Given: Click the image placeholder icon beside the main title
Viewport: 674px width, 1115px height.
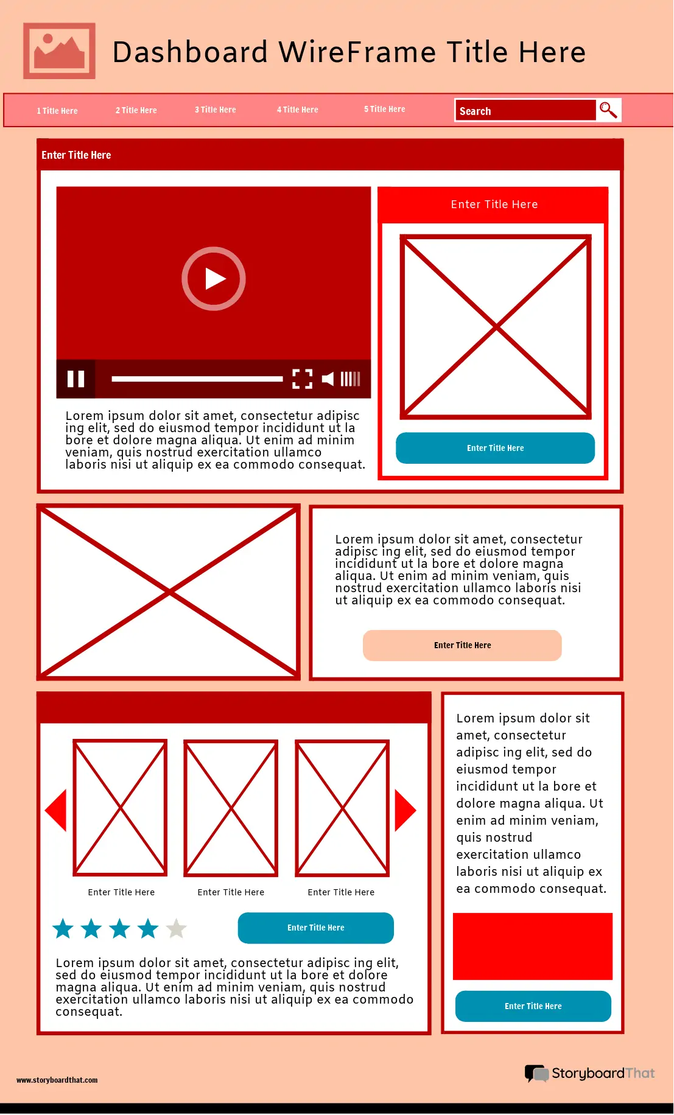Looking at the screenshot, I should point(59,51).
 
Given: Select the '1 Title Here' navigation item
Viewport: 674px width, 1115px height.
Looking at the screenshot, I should point(57,111).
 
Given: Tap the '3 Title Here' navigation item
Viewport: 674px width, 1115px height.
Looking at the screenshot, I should point(216,110).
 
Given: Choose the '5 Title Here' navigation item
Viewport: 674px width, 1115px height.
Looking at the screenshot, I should point(385,110).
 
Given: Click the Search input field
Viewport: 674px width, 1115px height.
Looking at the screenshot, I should point(525,111).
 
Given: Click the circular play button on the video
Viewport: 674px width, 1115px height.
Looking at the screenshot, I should point(214,279).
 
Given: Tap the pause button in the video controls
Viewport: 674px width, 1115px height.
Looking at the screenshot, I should point(75,379).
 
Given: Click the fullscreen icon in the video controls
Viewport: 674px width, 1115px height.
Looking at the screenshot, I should point(302,379).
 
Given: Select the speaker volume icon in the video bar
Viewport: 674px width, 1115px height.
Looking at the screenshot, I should point(328,379).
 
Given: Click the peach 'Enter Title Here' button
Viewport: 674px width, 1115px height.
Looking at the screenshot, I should point(462,645).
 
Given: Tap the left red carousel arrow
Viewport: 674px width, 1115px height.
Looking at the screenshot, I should point(57,810).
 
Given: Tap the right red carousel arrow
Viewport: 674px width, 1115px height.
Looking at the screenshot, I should point(404,810).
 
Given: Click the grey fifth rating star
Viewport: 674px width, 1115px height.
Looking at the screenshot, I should point(176,929).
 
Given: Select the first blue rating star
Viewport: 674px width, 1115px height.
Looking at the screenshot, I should point(63,929).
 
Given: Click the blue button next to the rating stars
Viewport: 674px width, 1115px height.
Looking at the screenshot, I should point(315,928).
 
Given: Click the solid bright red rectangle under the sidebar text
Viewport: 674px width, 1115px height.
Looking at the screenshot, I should point(532,946).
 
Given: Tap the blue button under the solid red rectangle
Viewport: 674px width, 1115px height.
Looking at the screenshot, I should point(533,1006).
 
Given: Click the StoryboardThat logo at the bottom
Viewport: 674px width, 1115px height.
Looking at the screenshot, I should point(589,1073).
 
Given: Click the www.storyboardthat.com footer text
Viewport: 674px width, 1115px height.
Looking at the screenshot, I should point(57,1080).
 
